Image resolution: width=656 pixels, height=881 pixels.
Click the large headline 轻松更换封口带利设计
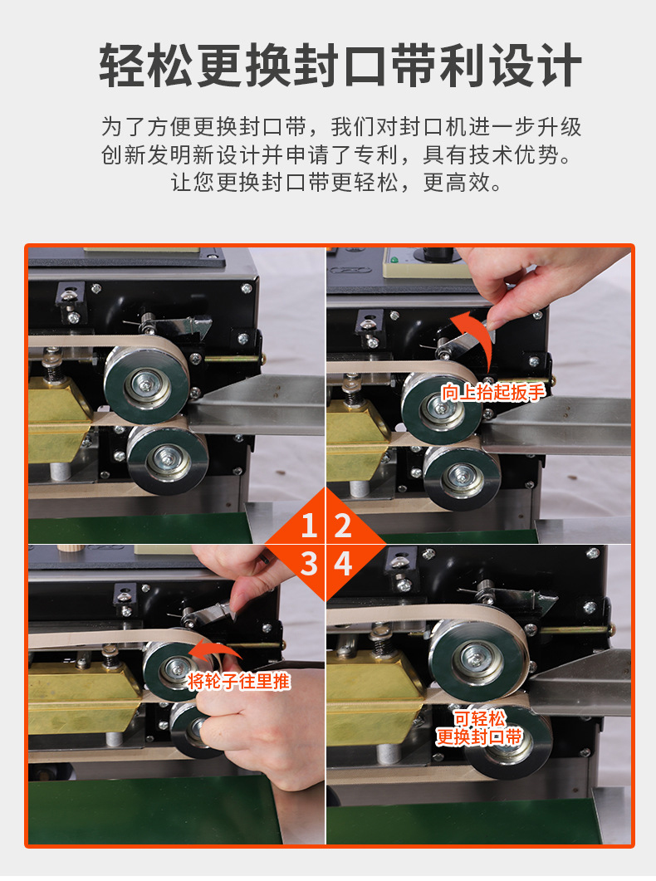click(340, 66)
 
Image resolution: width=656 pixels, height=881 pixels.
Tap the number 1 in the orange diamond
click(308, 526)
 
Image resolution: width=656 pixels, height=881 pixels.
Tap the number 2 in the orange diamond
click(343, 526)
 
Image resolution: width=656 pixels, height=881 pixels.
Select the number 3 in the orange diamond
click(309, 563)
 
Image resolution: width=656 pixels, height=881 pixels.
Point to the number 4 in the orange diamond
click(343, 563)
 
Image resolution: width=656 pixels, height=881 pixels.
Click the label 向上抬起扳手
click(492, 392)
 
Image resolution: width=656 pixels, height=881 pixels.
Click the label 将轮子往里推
click(238, 682)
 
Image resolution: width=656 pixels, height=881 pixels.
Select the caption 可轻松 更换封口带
click(480, 727)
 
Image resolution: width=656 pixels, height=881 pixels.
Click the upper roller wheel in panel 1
click(147, 385)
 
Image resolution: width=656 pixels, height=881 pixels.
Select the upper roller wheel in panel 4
click(478, 658)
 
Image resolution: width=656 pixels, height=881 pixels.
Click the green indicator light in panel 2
click(394, 260)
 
